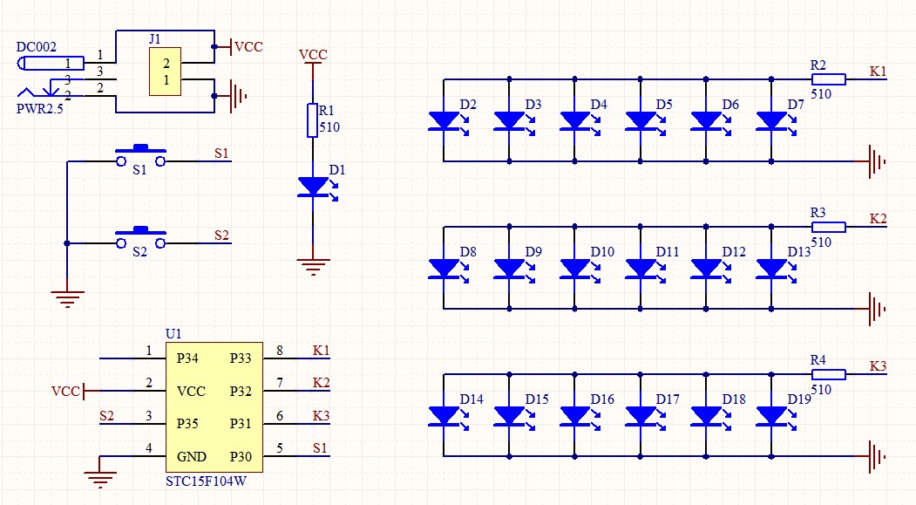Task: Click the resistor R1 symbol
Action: (312, 120)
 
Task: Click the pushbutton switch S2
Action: (140, 237)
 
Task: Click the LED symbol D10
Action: (574, 269)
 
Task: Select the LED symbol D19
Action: (771, 416)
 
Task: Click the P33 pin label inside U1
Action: (241, 358)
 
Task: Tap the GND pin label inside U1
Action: (191, 457)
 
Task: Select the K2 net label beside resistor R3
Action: (878, 218)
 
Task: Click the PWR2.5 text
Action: (39, 109)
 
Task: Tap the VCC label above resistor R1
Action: (313, 55)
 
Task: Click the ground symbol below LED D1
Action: (312, 266)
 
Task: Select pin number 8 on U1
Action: (280, 351)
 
